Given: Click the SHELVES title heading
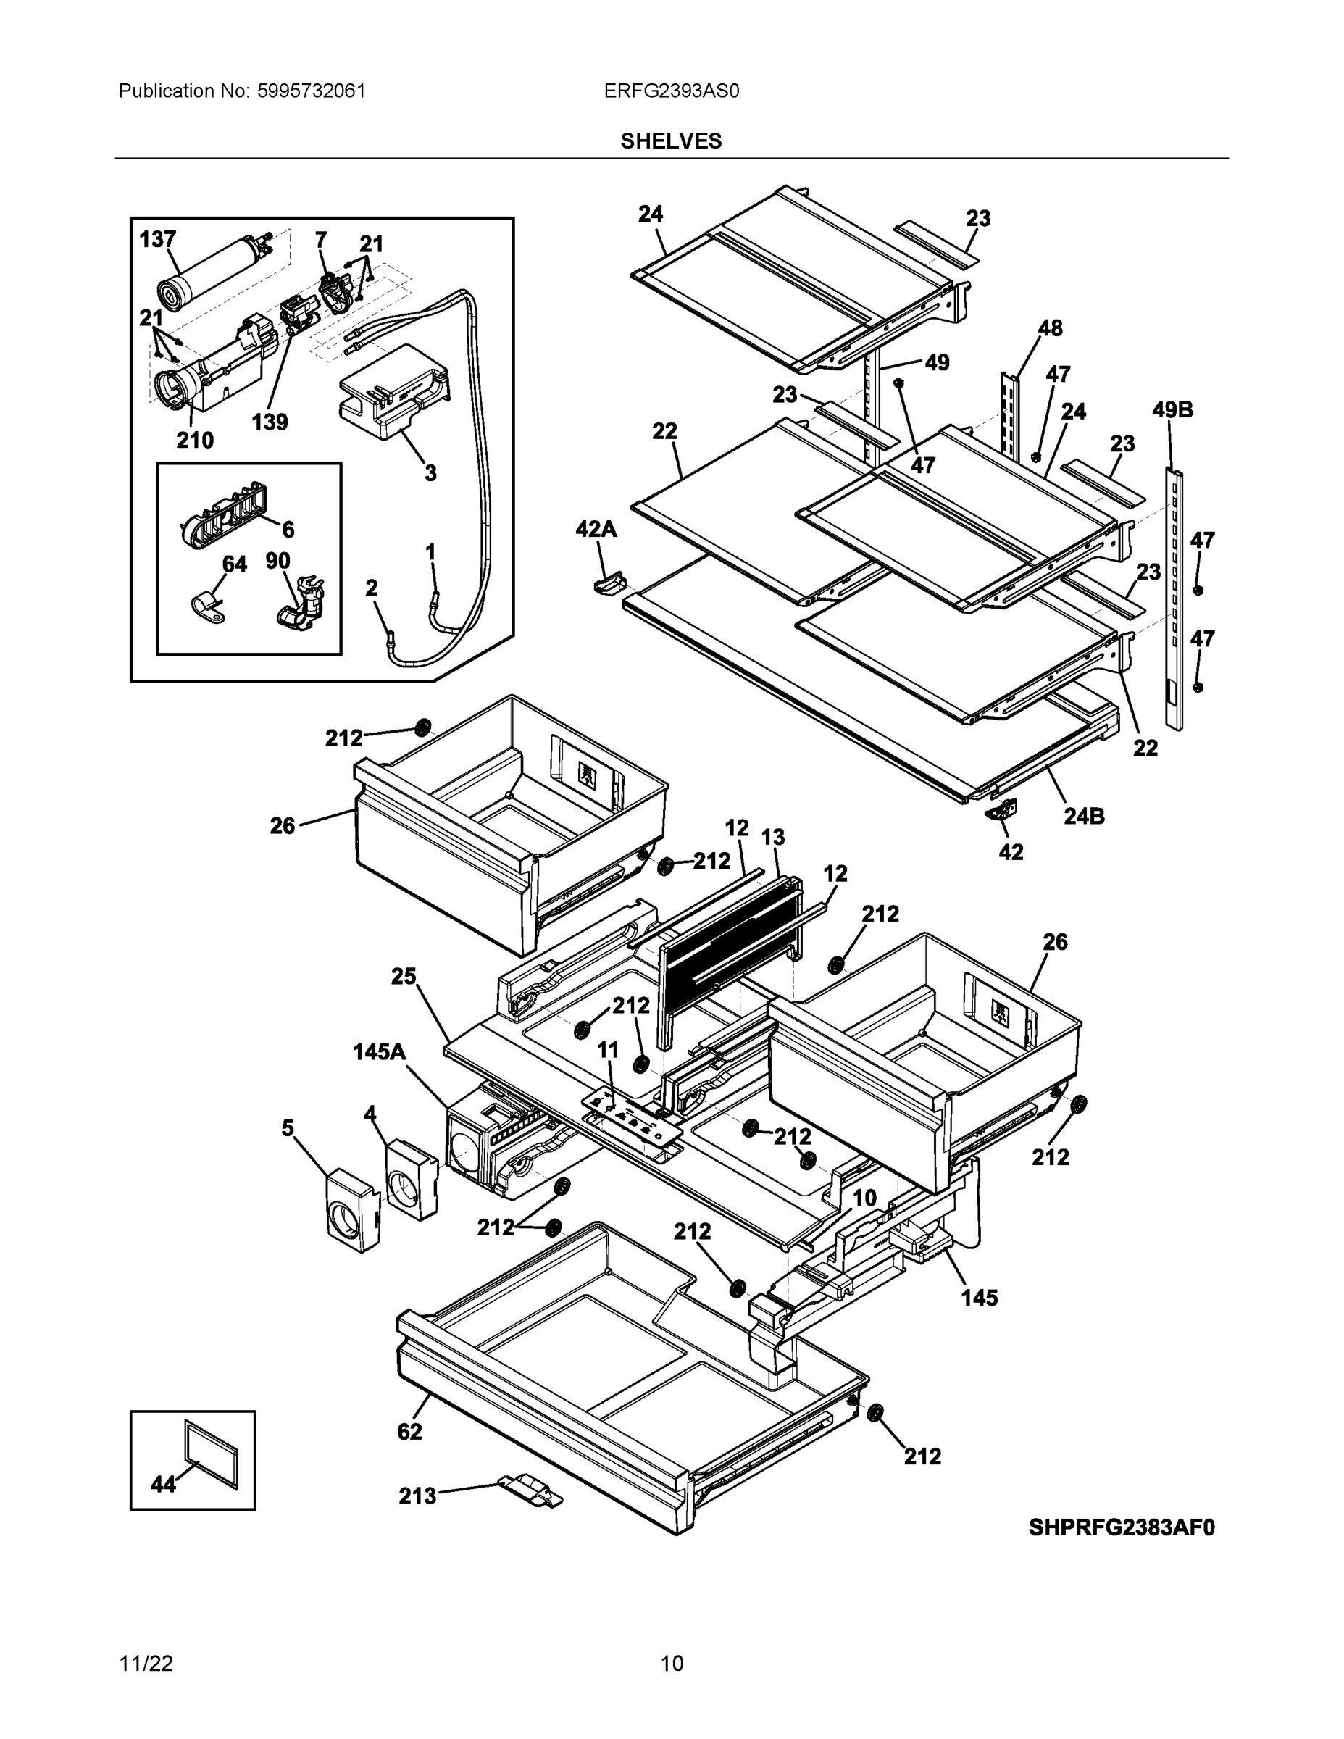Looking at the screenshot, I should (671, 141).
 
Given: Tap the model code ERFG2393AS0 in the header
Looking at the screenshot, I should (671, 91).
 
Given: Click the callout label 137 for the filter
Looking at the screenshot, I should (158, 239).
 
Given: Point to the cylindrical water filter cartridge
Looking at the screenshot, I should (209, 272).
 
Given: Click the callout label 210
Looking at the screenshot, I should (194, 440).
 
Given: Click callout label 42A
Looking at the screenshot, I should (596, 529).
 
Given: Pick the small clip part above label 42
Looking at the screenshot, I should (1001, 810).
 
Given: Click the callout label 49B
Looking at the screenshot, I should (1173, 410).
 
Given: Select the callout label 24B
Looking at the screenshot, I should (1085, 816).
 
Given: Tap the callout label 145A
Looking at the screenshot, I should (379, 1053).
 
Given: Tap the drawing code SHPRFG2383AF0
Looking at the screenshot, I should (1121, 1527).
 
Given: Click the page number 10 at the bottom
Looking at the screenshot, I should (671, 1664).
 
